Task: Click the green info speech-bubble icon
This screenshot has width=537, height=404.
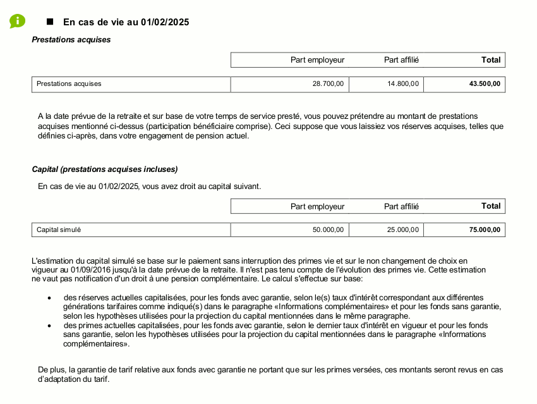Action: coord(17,21)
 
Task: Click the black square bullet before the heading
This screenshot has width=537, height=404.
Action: coord(51,21)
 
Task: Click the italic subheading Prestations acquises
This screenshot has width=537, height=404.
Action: coord(71,40)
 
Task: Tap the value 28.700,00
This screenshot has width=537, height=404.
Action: coord(328,84)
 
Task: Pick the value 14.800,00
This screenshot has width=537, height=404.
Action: coord(402,84)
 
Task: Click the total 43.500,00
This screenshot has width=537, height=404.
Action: coord(485,84)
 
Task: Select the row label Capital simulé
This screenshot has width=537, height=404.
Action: coord(59,230)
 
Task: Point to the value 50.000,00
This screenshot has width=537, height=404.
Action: coord(328,230)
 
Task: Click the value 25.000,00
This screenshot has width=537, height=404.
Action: coord(402,230)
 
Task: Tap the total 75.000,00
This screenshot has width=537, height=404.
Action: coord(485,230)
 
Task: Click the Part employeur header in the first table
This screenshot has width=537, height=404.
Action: coord(317,60)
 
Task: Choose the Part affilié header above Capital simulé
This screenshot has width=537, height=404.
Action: coord(401,206)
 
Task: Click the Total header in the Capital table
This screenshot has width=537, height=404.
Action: coord(490,206)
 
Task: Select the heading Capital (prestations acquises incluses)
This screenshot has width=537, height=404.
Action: coord(105,169)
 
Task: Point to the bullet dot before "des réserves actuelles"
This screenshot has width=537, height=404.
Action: coord(49,298)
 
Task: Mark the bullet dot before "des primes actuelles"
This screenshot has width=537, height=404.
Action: coord(49,326)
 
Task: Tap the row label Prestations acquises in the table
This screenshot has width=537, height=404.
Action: coord(69,84)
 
